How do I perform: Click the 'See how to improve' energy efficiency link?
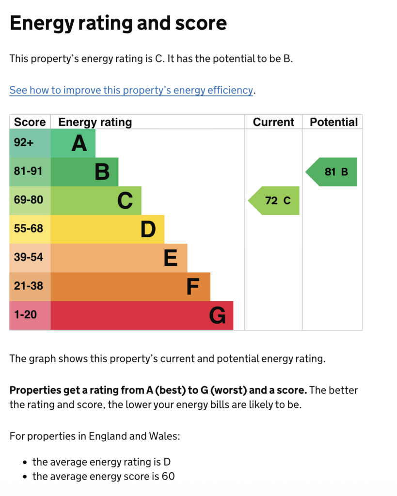point(131,90)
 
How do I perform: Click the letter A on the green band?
point(79,143)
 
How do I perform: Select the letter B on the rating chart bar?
point(102,172)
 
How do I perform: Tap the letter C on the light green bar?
point(125,201)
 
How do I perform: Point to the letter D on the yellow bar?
point(148,229)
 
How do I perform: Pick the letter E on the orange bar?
point(171,258)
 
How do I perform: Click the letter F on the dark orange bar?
point(193,287)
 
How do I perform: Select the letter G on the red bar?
point(217,316)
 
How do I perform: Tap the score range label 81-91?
point(28,171)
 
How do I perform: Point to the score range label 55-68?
point(28,229)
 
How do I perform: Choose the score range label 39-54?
point(28,257)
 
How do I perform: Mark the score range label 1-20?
point(25,315)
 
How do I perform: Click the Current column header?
point(273,122)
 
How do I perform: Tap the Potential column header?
point(333,122)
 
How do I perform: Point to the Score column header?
point(30,122)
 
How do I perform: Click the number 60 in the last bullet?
point(168,476)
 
